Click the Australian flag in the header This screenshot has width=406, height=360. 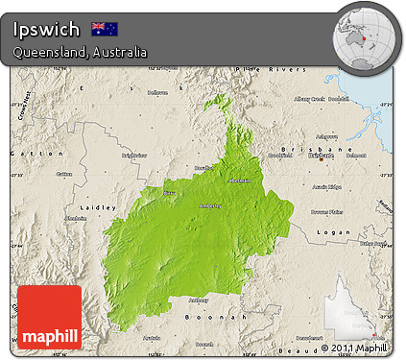(x=105, y=29)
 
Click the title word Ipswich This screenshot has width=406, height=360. (x=47, y=29)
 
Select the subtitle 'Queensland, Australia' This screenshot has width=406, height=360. (x=80, y=52)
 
